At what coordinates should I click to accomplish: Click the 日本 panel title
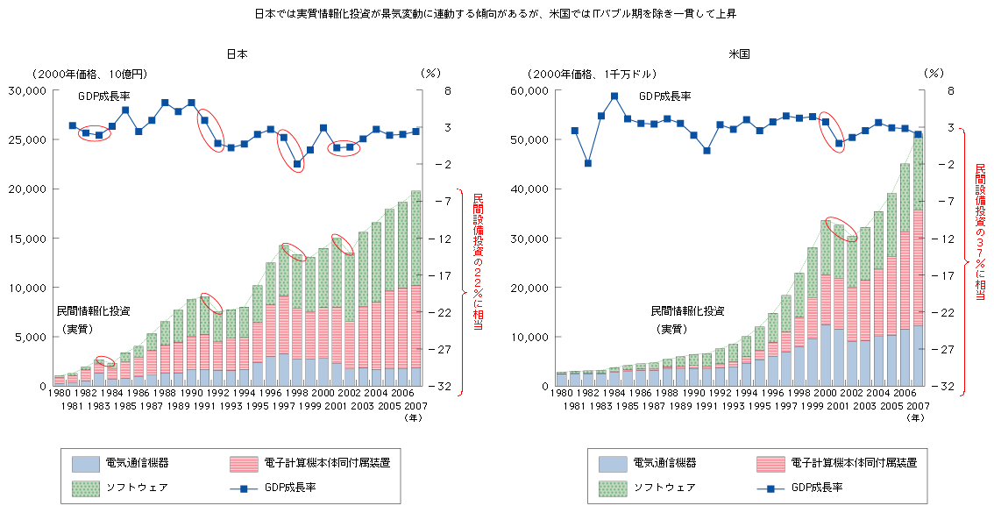(237, 53)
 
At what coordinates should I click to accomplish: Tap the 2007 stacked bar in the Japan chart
(415, 289)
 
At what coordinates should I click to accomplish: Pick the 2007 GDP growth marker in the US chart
(918, 134)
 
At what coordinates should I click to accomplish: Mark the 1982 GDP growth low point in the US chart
(588, 163)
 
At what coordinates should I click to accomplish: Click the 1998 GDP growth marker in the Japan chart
(297, 164)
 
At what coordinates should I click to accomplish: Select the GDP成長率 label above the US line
(664, 96)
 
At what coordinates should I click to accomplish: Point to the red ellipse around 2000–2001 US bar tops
(841, 229)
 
